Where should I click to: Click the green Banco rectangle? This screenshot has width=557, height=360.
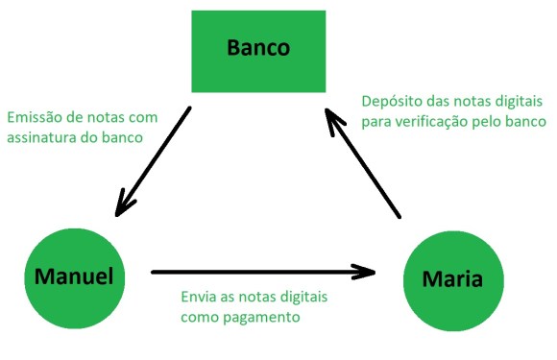click(x=258, y=51)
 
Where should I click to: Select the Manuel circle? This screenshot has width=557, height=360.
click(x=74, y=278)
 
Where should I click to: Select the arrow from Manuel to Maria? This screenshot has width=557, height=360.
click(x=259, y=272)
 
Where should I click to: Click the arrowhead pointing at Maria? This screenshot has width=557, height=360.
click(x=384, y=272)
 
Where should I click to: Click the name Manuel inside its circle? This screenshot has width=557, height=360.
click(x=74, y=277)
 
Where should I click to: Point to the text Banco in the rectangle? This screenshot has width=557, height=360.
click(x=258, y=47)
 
